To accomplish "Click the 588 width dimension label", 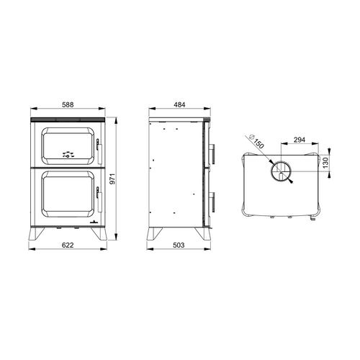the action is point(68,105).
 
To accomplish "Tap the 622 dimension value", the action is point(68,246).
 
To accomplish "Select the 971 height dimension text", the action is point(112,179).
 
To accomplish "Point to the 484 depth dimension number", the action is point(179,105).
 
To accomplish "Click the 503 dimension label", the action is point(179,246).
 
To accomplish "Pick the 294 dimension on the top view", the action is point(300,140).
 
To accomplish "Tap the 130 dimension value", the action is point(325,163).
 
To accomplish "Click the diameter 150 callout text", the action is point(256,141).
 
